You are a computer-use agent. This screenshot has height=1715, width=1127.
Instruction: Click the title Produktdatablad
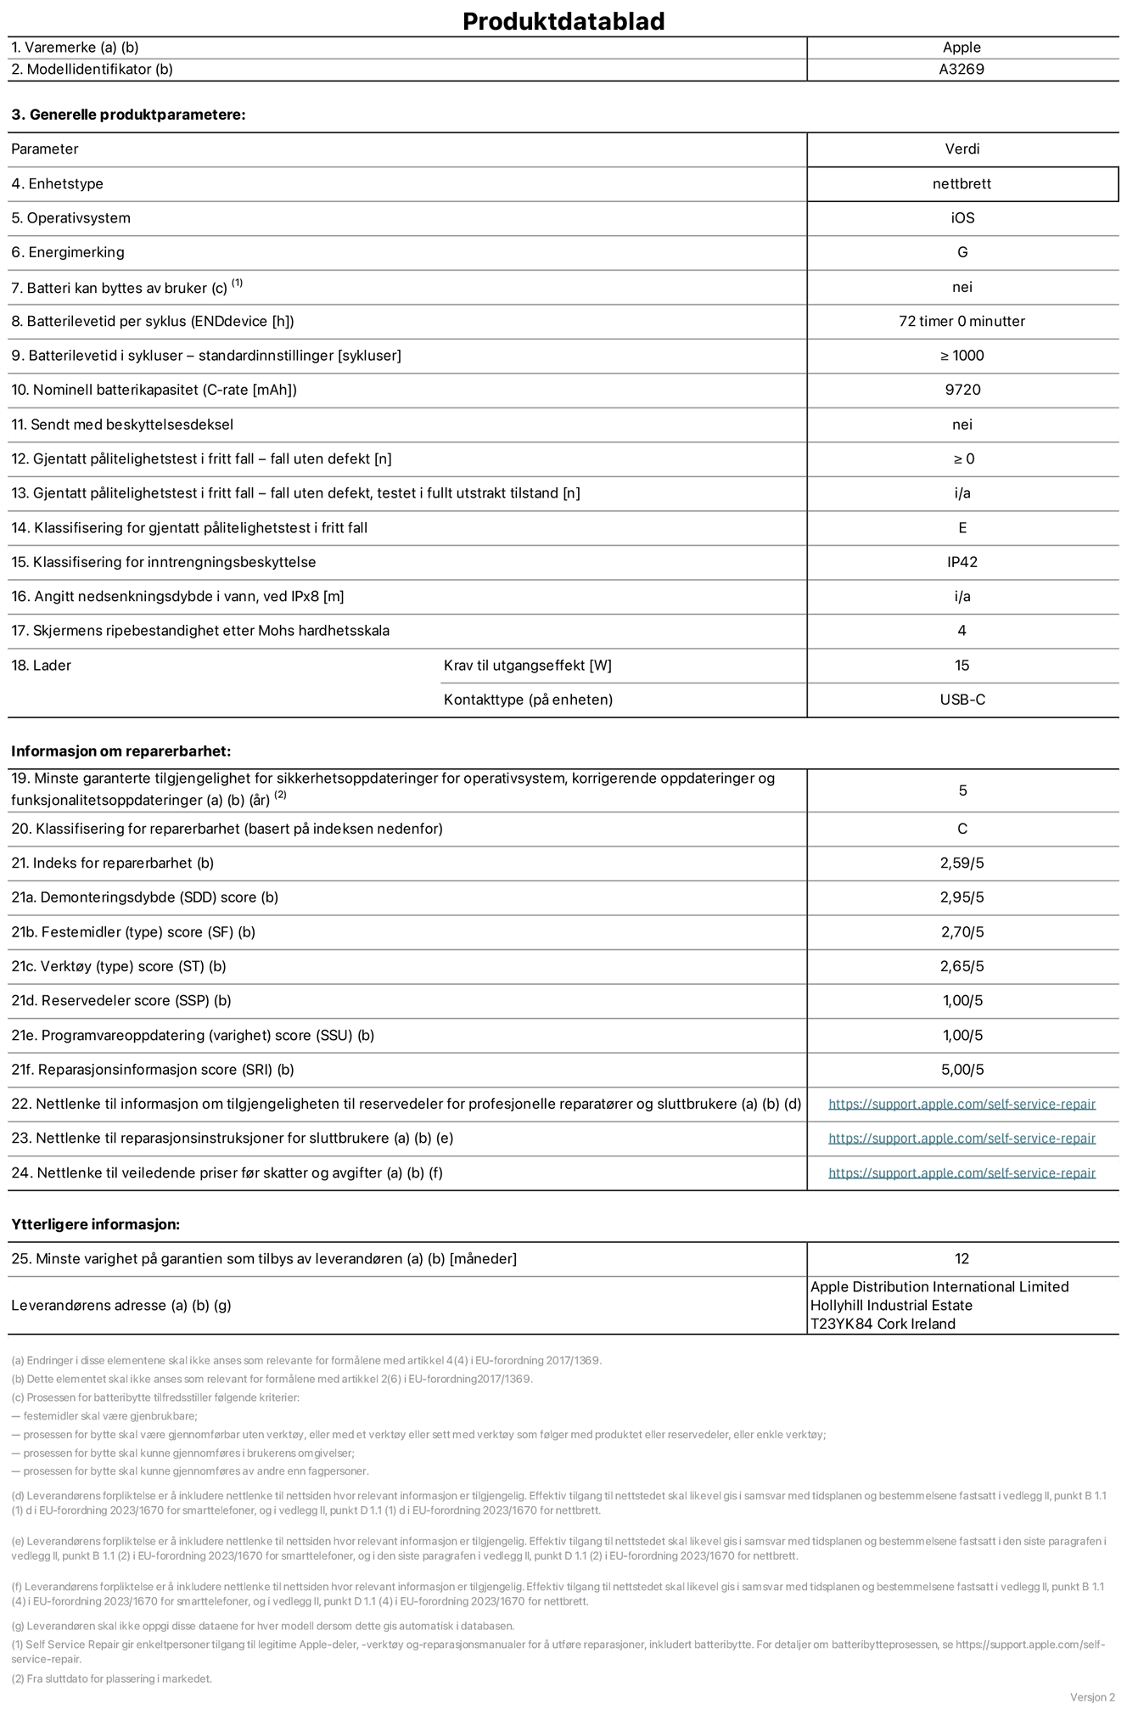pos(563,21)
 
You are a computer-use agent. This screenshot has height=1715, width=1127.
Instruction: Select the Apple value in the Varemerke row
pos(962,48)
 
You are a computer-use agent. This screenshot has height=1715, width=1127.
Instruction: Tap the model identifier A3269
pos(962,70)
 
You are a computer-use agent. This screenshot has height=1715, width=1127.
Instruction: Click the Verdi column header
pos(962,149)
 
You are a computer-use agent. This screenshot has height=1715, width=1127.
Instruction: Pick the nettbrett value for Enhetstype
pos(962,183)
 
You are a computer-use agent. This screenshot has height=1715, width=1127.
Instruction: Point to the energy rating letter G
pos(962,252)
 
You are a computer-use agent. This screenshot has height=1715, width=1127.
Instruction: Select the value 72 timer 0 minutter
pos(962,321)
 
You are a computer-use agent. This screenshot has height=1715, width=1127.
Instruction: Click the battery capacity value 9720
pos(962,390)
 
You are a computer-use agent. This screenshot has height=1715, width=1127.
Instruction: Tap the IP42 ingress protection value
pos(962,562)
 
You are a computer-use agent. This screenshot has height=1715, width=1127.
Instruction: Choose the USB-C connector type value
pos(962,700)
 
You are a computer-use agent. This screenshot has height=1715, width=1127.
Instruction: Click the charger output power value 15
pos(962,665)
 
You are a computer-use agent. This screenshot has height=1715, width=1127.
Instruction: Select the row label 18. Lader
pos(41,665)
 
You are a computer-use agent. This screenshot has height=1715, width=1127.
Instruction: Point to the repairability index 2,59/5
pos(962,863)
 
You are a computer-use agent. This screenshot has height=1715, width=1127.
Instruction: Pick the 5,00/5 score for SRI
pos(962,1070)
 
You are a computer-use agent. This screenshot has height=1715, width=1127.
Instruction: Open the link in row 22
pos(962,1104)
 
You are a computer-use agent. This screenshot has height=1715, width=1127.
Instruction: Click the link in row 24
pos(962,1172)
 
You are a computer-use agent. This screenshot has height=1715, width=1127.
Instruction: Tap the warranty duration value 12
pos(962,1258)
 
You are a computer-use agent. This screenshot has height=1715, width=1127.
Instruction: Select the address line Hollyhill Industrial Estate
pos(891,1305)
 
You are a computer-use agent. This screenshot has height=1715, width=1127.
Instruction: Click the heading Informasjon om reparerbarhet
pos(121,751)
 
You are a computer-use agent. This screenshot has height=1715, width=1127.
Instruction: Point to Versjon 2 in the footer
pos(1092,1696)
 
